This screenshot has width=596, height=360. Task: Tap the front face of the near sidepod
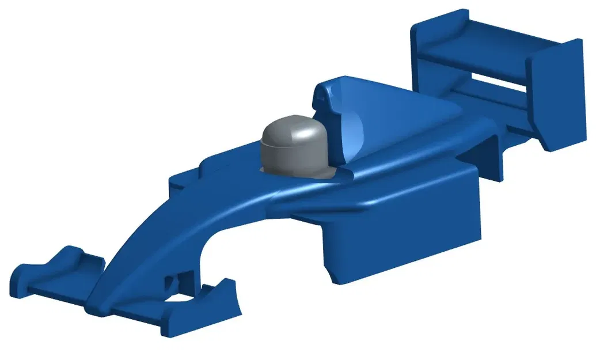pos(334,253)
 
